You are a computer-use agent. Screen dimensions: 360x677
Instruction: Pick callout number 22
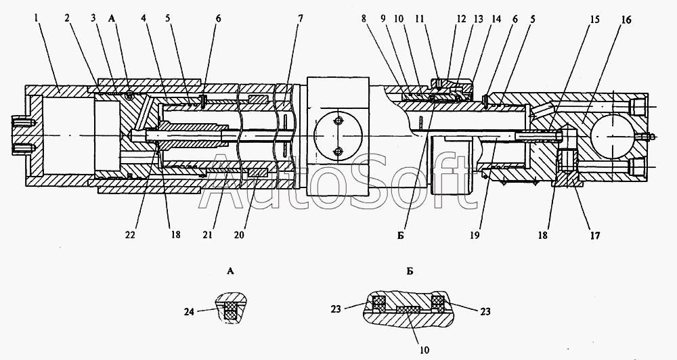[x=129, y=235]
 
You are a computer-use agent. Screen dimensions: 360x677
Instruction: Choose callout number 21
[x=207, y=235]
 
